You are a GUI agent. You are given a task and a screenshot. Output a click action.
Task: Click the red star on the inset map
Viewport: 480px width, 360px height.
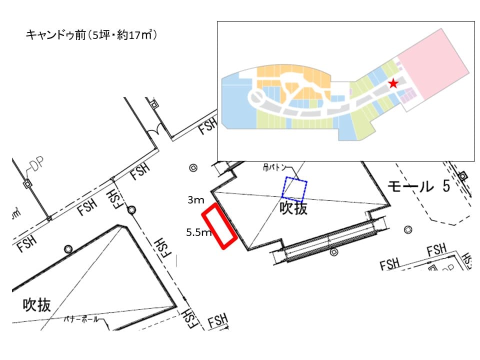393,83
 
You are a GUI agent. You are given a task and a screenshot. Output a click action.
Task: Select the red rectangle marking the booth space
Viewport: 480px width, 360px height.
219,226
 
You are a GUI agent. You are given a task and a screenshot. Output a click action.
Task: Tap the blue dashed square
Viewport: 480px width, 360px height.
295,189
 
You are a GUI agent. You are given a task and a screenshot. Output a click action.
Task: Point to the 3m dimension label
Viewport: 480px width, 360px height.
195,200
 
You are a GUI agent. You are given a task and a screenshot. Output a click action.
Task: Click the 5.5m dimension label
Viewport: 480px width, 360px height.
198,232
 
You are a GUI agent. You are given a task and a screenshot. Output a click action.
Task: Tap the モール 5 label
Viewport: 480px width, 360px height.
419,186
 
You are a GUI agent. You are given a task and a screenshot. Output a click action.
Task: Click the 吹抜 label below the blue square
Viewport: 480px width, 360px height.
293,208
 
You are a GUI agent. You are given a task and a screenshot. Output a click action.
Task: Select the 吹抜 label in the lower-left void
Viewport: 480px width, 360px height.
37,304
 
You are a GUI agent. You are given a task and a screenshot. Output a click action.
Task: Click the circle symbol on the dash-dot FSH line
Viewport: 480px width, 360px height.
131,210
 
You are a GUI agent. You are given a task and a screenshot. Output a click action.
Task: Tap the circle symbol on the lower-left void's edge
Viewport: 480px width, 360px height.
68,248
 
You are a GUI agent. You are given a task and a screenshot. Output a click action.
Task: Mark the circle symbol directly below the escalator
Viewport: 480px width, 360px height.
334,252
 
